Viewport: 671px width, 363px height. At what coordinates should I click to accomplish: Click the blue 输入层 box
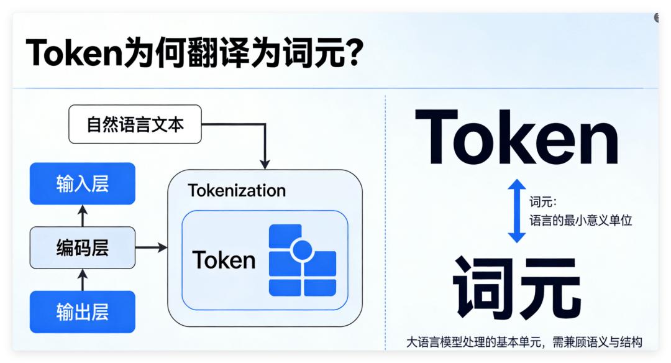coord(82,183)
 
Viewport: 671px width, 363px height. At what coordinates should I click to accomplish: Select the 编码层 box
coord(82,248)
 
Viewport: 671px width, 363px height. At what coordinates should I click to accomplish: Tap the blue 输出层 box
coord(82,311)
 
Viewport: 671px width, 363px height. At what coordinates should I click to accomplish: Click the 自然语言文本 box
coord(135,124)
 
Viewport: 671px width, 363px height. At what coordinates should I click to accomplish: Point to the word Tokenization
coord(237,190)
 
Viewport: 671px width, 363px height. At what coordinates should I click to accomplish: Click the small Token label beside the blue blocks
coord(224,260)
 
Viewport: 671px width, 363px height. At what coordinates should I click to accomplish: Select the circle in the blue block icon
coord(302,250)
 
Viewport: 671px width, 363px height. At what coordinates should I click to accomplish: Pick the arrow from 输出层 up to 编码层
coord(83,280)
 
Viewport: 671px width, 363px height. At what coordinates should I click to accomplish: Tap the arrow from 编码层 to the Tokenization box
coord(152,248)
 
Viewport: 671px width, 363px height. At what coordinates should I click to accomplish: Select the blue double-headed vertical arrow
coord(517,211)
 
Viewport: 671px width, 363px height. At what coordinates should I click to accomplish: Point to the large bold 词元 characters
coord(517,288)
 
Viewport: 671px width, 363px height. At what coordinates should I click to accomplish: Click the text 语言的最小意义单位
coord(580,220)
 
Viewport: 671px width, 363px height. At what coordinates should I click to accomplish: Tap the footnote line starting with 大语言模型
coord(524,342)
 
